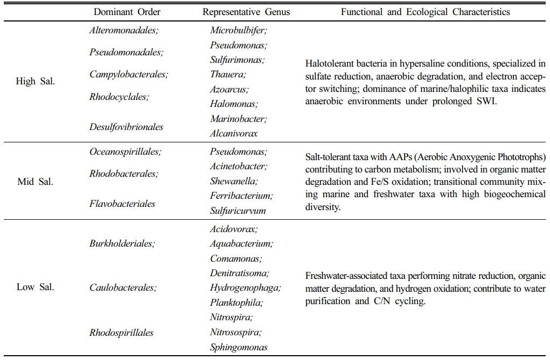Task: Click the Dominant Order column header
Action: point(127,12)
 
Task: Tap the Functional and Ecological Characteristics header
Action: point(425,12)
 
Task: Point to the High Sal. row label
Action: point(36,82)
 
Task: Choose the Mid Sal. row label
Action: point(35,182)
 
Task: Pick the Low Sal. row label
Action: point(35,287)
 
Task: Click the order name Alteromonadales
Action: point(124,30)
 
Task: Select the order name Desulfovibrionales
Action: point(126,127)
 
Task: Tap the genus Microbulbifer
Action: point(238,31)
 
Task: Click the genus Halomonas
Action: point(234,104)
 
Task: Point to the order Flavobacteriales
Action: point(122,204)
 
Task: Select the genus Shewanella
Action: point(234,182)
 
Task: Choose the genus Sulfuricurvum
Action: point(238,211)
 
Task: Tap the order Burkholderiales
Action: point(122,243)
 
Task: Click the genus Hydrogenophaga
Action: point(245,287)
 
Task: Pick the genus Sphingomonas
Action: point(238,347)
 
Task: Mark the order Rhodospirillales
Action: point(121,333)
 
